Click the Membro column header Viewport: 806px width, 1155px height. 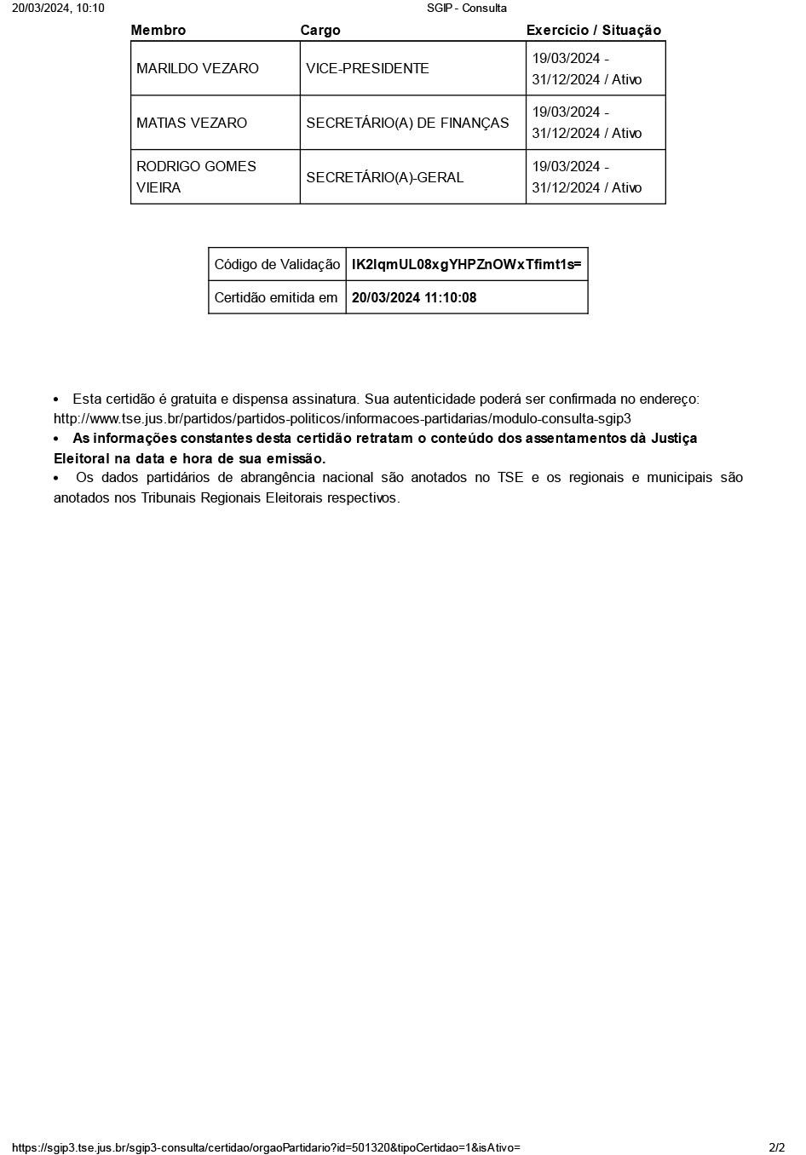(158, 31)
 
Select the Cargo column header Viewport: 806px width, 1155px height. (320, 31)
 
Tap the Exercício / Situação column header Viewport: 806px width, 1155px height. (593, 31)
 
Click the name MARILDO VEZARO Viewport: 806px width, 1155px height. (198, 69)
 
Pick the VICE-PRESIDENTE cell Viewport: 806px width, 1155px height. (367, 69)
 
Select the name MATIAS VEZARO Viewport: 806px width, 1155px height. (192, 123)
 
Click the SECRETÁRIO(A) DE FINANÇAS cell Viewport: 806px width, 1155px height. (407, 123)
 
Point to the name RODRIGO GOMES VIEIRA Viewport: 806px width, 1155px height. (196, 177)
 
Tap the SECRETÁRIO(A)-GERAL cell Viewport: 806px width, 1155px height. (385, 177)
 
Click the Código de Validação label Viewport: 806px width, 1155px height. (277, 265)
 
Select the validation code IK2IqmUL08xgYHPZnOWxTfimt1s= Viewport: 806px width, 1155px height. (466, 265)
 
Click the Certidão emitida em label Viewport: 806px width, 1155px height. (276, 298)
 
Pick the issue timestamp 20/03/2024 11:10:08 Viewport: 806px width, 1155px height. (414, 298)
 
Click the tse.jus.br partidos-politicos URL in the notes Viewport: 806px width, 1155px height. (342, 419)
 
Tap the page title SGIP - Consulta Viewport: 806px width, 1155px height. (467, 9)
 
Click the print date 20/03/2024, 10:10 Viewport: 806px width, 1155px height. (58, 9)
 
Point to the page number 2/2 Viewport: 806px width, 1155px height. (776, 1147)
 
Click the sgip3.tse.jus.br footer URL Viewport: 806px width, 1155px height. (266, 1147)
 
